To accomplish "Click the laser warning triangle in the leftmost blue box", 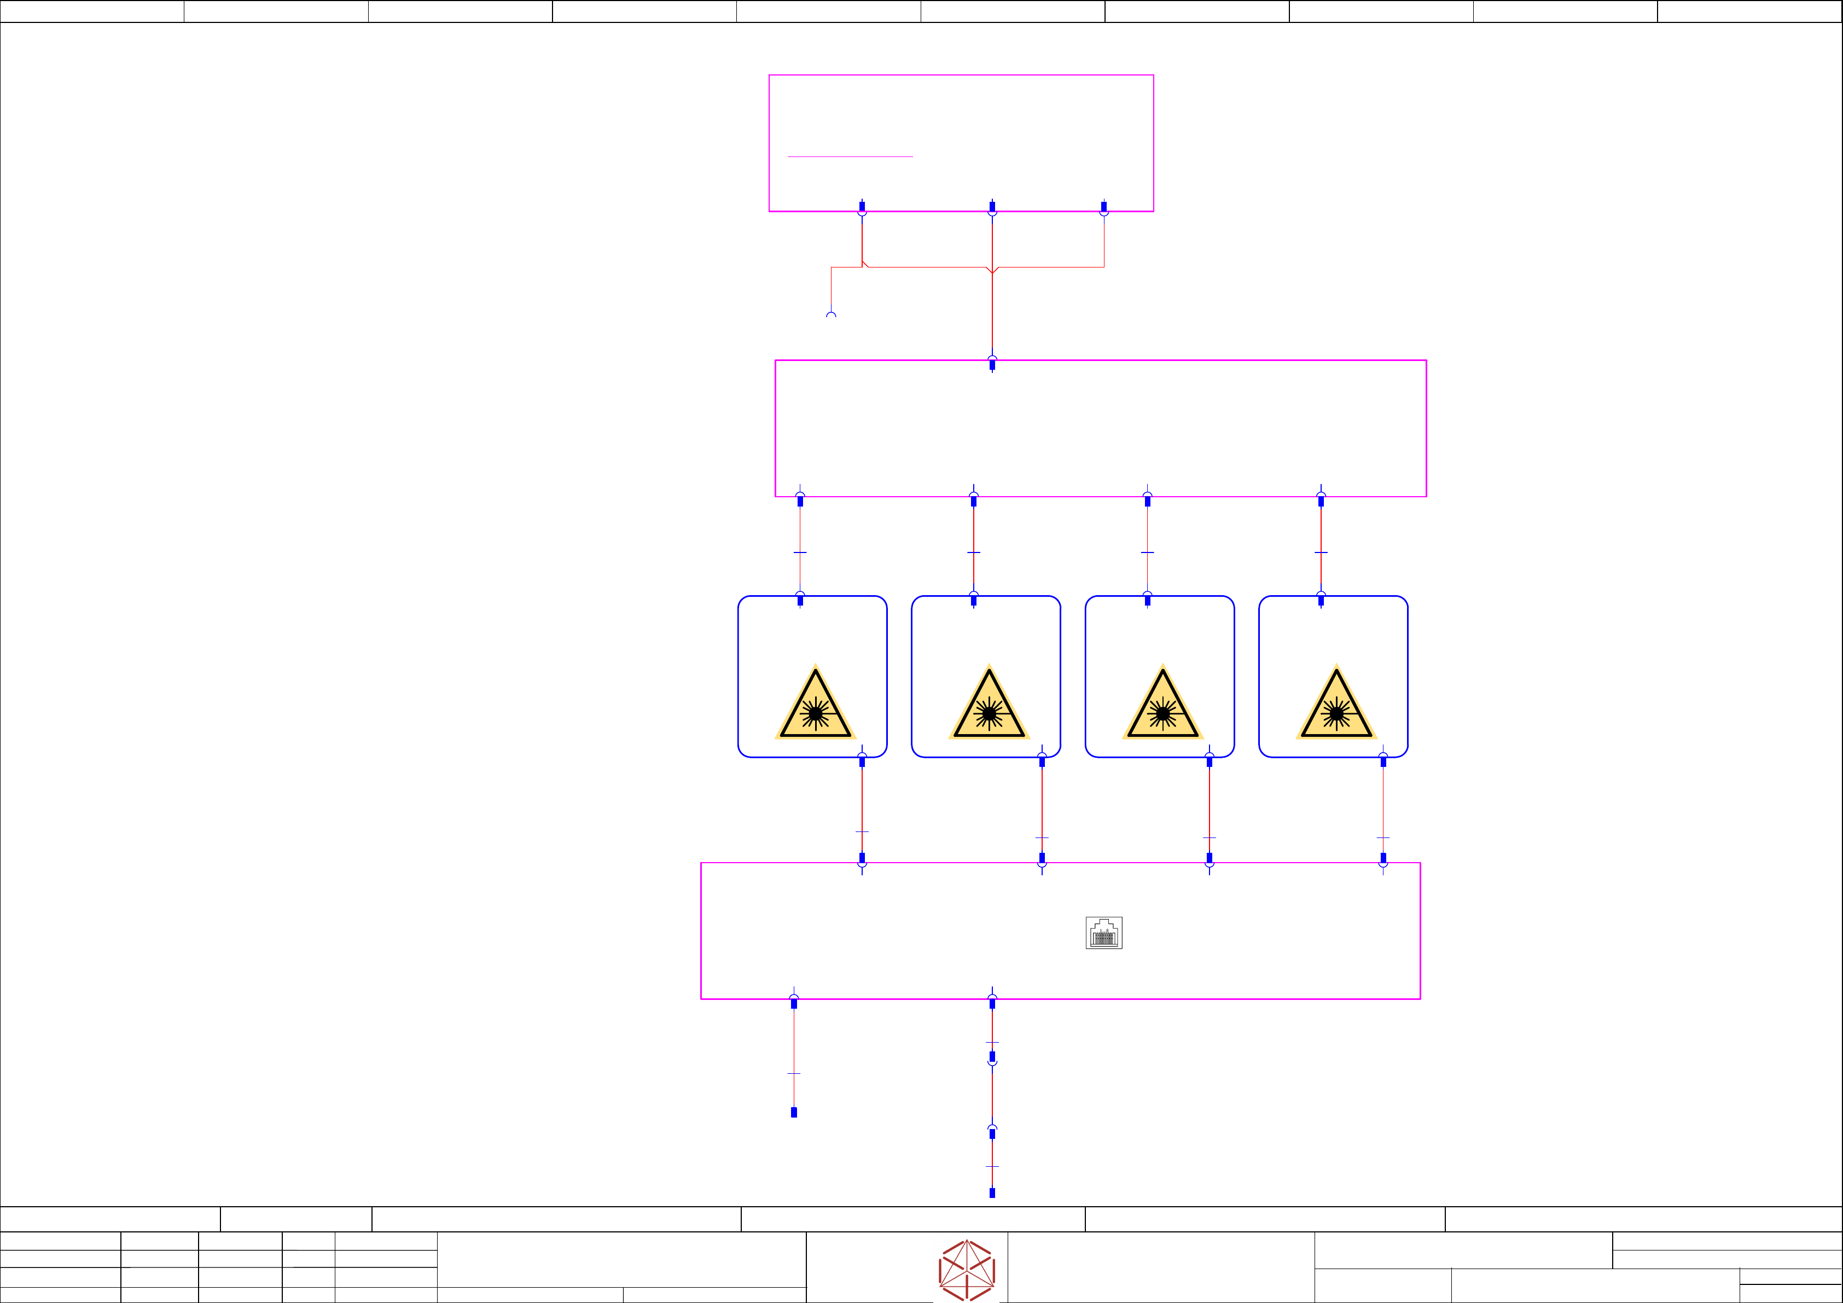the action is tap(816, 704).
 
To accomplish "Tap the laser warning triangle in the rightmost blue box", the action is tap(1336, 704).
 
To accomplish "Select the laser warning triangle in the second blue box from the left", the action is tap(989, 704).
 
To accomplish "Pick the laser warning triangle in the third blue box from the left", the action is tap(1162, 704).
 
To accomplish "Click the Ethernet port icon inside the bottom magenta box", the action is tap(1104, 933).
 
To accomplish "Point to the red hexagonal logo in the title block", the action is tap(967, 1270).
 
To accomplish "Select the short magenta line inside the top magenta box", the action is tap(850, 156).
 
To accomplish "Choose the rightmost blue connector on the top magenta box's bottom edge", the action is tap(1104, 208).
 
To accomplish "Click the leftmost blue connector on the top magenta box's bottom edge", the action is tap(862, 208).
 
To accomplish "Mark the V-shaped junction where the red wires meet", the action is tap(992, 271).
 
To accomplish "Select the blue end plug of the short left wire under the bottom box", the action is tap(794, 1112).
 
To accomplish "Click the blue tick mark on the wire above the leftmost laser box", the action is tap(800, 552).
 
